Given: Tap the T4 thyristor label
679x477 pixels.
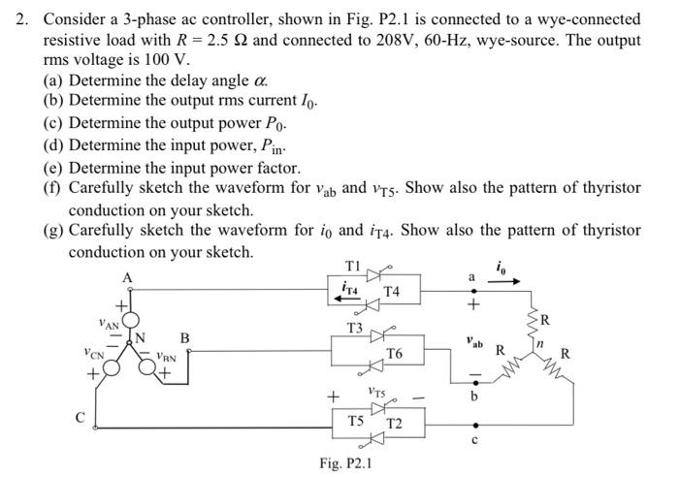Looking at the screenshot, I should pos(392,291).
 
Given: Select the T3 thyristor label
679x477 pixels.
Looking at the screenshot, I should pos(355,328).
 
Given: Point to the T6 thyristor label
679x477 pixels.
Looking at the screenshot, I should pos(395,355).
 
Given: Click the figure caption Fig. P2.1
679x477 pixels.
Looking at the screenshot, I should pos(345,462).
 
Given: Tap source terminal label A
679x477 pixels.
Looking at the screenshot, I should pos(126,278).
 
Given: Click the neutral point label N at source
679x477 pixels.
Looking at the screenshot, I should pos(141,337).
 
